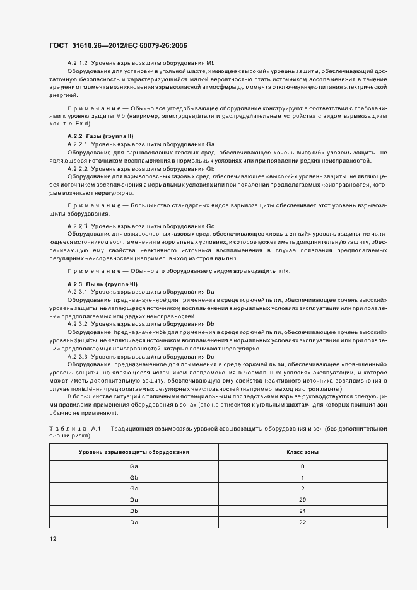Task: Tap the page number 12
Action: pyautogui.click(x=53, y=539)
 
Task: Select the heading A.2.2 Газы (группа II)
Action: pyautogui.click(x=100, y=137)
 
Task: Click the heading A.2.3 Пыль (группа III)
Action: pyautogui.click(x=102, y=284)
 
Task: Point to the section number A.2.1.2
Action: pyautogui.click(x=78, y=64)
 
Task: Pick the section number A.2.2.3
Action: pyautogui.click(x=78, y=226)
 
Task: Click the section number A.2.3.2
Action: pyautogui.click(x=78, y=323)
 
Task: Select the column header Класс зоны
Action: pyautogui.click(x=302, y=453)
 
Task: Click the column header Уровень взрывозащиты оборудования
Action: pyautogui.click(x=134, y=453)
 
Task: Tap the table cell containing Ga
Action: pyautogui.click(x=134, y=466)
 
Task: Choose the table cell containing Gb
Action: pyautogui.click(x=134, y=478)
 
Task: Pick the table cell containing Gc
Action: pyautogui.click(x=134, y=489)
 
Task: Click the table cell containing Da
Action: pyautogui.click(x=134, y=500)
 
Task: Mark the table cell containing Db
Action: pyautogui.click(x=134, y=511)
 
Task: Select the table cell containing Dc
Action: pyautogui.click(x=134, y=522)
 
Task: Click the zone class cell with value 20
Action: pyautogui.click(x=302, y=500)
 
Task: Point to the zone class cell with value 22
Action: pyautogui.click(x=302, y=522)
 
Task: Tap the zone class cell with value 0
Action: pyautogui.click(x=302, y=466)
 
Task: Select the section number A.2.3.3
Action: pyautogui.click(x=78, y=357)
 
